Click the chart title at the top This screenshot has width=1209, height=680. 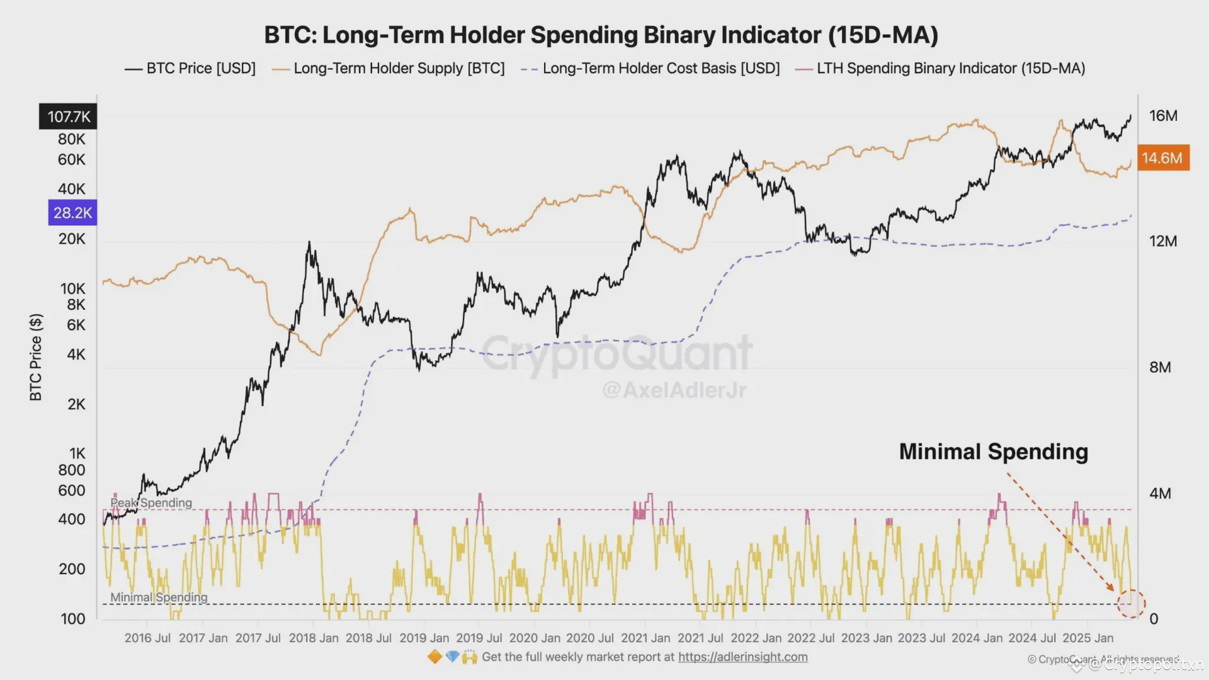(x=601, y=35)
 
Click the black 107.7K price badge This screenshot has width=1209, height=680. (x=68, y=116)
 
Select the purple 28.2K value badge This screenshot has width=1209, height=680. (x=72, y=213)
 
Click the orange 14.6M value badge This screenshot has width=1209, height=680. (x=1162, y=158)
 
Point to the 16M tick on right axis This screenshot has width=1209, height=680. (x=1162, y=116)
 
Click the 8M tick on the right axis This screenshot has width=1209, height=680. (x=1160, y=367)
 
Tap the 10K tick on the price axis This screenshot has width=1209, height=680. (x=72, y=288)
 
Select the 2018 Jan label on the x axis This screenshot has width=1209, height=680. (x=313, y=638)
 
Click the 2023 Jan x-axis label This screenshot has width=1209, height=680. (x=866, y=638)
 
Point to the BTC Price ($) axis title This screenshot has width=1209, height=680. (x=36, y=357)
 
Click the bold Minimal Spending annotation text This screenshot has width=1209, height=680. (x=993, y=451)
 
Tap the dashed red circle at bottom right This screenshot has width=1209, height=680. (x=1131, y=604)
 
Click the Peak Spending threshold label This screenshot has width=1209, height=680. (x=151, y=502)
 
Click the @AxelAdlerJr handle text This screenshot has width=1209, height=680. (x=674, y=390)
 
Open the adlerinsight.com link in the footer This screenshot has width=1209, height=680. (x=742, y=657)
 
